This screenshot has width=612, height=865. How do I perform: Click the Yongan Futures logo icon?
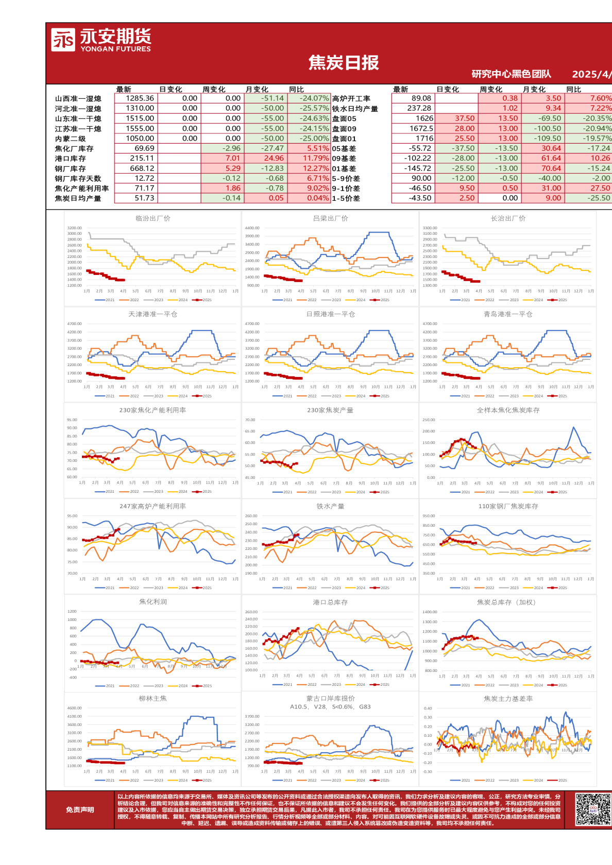pos(63,40)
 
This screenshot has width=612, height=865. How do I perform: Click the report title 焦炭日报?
pos(344,63)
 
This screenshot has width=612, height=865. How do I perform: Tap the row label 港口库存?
pos(71,159)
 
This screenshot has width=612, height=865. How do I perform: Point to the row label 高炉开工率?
pos(351,98)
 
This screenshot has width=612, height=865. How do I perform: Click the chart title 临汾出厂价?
pos(152,218)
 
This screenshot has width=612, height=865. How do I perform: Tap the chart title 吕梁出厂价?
pos(330,218)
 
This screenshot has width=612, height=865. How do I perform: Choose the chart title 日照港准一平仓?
pos(330,314)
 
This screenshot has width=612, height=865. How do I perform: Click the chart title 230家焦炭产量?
pos(330,410)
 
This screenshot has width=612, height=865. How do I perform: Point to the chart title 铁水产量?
pos(330,507)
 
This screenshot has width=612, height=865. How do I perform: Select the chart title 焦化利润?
pos(152,602)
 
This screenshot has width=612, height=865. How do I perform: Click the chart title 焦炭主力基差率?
pos(508,699)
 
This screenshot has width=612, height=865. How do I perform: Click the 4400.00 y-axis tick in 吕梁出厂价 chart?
pos(252,228)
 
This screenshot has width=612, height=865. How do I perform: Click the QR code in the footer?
pos(593,810)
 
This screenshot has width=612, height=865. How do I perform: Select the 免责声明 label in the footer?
pos(80,810)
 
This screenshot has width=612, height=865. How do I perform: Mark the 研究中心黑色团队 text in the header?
pos(511,74)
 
